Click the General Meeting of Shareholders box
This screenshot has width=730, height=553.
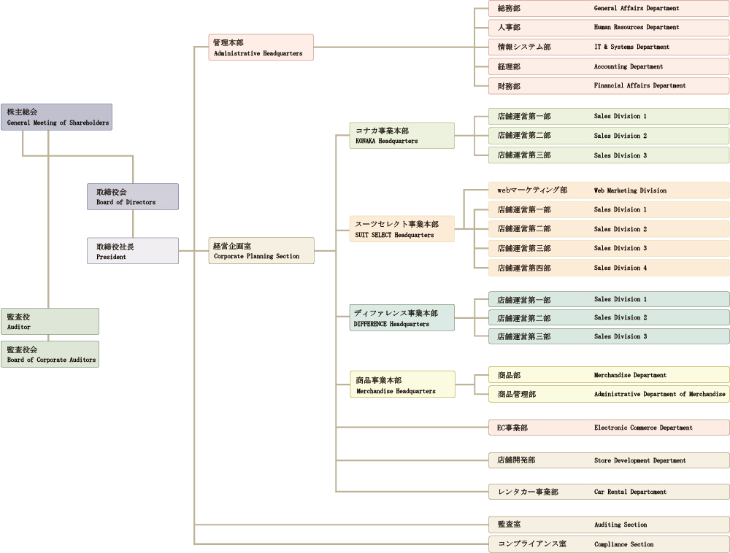point(56,117)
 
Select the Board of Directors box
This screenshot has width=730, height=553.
point(132,197)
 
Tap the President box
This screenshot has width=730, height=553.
point(132,251)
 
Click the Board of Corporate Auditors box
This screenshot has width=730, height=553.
point(50,354)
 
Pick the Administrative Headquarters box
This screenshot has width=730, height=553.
point(261,47)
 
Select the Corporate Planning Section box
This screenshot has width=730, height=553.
point(261,251)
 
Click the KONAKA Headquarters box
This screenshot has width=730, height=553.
point(401,136)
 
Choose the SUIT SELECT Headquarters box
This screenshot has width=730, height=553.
point(401,229)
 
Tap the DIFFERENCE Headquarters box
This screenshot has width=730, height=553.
point(401,318)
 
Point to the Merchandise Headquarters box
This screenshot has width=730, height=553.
point(401,384)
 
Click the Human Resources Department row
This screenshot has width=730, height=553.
point(608,28)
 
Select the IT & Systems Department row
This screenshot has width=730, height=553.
point(608,47)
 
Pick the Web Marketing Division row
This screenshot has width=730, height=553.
point(608,190)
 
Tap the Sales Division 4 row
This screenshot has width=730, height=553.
point(608,268)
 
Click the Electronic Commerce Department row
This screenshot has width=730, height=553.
point(608,428)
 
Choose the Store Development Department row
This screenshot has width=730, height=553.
point(608,460)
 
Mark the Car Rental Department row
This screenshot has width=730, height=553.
point(608,492)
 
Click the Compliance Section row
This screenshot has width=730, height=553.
point(608,544)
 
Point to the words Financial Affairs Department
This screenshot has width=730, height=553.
point(639,86)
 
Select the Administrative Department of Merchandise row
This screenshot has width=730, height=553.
point(608,394)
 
